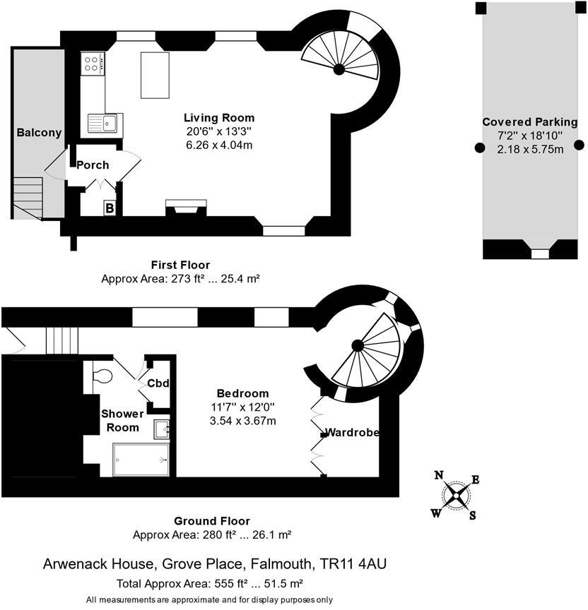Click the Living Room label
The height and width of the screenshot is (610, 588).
point(218,118)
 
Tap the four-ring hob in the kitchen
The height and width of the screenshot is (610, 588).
point(93,64)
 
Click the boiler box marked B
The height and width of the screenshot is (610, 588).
point(110,208)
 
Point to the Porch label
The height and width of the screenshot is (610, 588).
point(93,165)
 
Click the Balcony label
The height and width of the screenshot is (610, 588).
point(39,133)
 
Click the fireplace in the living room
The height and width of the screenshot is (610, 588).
point(186,208)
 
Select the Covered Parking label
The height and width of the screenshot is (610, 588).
point(529,122)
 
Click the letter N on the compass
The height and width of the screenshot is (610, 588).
point(439,474)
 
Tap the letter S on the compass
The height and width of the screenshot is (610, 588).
point(472,515)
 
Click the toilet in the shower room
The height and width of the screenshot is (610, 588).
point(100,373)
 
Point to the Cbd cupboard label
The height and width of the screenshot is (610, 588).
point(158,384)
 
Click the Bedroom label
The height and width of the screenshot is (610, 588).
point(242,393)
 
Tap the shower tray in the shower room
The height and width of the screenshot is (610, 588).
point(141,460)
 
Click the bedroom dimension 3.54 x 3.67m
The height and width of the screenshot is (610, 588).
point(242,421)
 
